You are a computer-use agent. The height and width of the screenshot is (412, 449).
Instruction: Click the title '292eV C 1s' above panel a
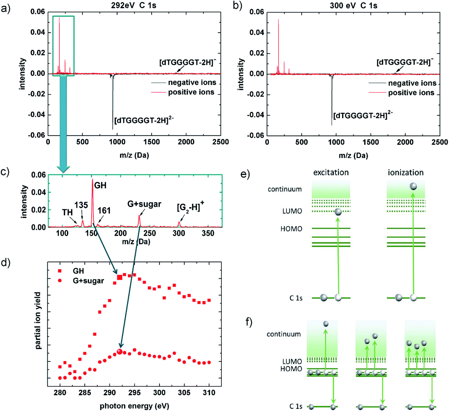[x=134, y=5]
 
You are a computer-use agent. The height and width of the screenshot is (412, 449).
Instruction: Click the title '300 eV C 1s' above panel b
[x=353, y=5]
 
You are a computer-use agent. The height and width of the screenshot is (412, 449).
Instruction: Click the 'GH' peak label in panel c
[x=100, y=185]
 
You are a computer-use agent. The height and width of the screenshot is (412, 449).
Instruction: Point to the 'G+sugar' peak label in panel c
[x=144, y=204]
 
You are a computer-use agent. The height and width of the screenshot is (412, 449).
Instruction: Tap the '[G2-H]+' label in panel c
[x=190, y=207]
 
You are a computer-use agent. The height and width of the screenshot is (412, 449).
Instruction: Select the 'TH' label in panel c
[x=67, y=212]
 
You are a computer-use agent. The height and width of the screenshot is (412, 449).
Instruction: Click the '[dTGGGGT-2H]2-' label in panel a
[x=144, y=120]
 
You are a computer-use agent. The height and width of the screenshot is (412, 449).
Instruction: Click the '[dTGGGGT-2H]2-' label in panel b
[x=363, y=115]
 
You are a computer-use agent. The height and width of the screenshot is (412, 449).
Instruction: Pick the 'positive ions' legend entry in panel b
[x=411, y=93]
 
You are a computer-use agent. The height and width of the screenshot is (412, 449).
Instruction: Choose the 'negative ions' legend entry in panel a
[x=192, y=82]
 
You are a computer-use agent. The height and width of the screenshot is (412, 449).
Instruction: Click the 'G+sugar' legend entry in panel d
[x=88, y=281]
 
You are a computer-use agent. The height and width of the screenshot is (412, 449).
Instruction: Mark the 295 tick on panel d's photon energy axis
[x=134, y=392]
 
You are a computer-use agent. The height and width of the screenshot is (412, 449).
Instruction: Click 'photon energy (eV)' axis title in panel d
[x=134, y=406]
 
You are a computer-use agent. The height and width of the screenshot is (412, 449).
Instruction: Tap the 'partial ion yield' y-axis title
[x=38, y=321]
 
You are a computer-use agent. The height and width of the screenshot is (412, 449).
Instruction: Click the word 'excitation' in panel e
[x=331, y=173]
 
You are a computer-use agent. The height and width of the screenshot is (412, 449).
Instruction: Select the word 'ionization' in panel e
[x=406, y=173]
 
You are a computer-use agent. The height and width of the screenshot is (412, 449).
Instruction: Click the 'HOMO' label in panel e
[x=291, y=229]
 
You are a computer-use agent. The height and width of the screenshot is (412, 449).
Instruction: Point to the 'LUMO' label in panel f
[x=292, y=361]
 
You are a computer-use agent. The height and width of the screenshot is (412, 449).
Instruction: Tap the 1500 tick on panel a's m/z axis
[x=151, y=142]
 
